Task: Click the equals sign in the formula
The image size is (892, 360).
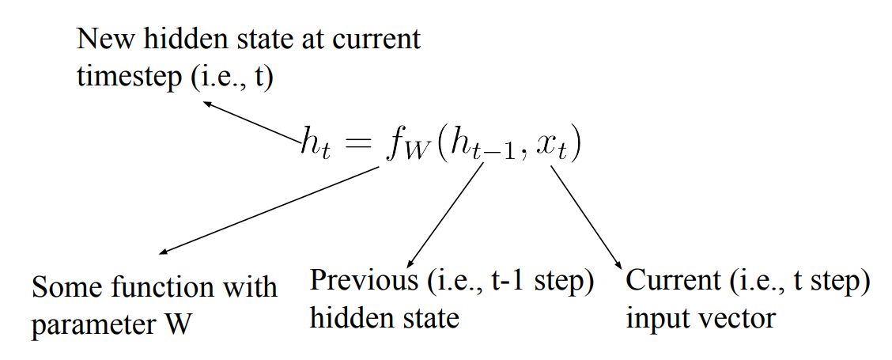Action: tap(357, 145)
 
